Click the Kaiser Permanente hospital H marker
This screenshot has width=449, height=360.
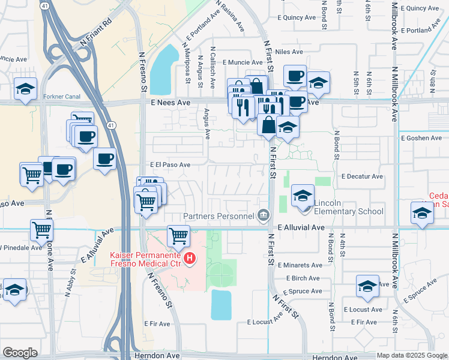point(190,259)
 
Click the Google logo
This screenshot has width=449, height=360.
point(20,353)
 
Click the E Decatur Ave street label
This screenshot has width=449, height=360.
point(362,176)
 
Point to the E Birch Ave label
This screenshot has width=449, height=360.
point(303,278)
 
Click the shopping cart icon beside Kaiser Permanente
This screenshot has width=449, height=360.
point(178,236)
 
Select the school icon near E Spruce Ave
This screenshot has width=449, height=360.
point(367,287)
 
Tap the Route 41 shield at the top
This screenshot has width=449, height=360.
point(46,5)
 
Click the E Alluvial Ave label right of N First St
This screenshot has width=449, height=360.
point(301,228)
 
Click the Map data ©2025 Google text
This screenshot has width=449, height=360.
point(411,355)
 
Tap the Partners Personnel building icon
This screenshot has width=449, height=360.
point(263,215)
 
